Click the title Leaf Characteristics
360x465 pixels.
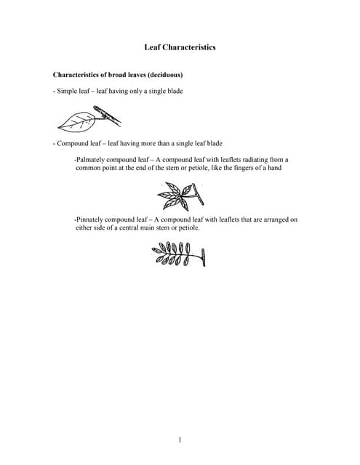point(180,47)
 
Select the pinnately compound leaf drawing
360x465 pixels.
point(179,255)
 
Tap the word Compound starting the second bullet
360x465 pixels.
point(73,143)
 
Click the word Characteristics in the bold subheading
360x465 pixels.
point(76,75)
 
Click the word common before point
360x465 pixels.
point(90,168)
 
